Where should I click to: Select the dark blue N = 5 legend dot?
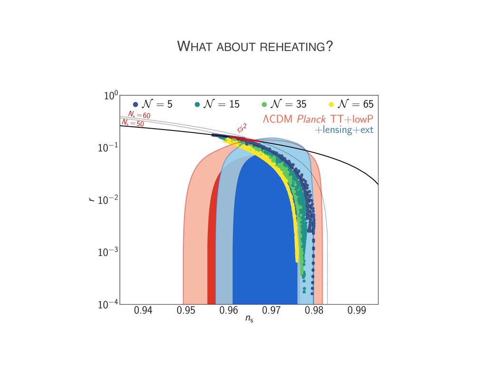(x=136, y=104)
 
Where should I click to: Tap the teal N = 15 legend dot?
(x=197, y=104)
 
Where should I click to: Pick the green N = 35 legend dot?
(x=264, y=104)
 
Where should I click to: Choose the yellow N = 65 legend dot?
(x=331, y=104)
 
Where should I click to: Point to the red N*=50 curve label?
(x=132, y=123)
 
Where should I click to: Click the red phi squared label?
(x=242, y=128)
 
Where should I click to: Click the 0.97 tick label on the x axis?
(x=271, y=312)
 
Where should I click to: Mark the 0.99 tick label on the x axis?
(x=357, y=312)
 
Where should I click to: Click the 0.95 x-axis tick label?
(x=186, y=312)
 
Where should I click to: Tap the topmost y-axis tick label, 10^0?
(x=110, y=96)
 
